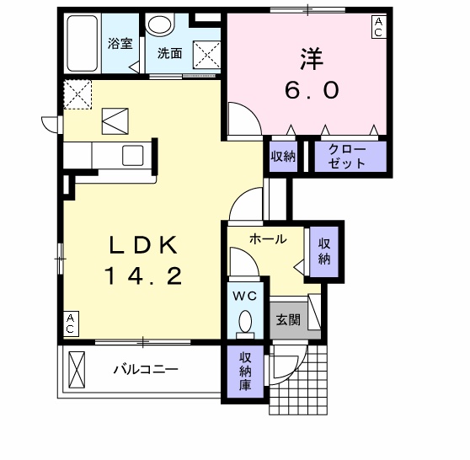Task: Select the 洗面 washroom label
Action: coord(169,52)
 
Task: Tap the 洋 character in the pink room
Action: coord(307,59)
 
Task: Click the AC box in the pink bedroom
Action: coord(379,27)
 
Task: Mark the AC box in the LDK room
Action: coord(71,324)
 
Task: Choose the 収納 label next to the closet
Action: coord(282,156)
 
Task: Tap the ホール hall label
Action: coord(267,239)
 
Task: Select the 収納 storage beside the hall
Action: coord(324,250)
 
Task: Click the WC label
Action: coord(245,296)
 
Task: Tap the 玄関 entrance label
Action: coord(287,320)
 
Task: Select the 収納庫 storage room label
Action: coord(245,372)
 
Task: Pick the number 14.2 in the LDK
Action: coord(142,275)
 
